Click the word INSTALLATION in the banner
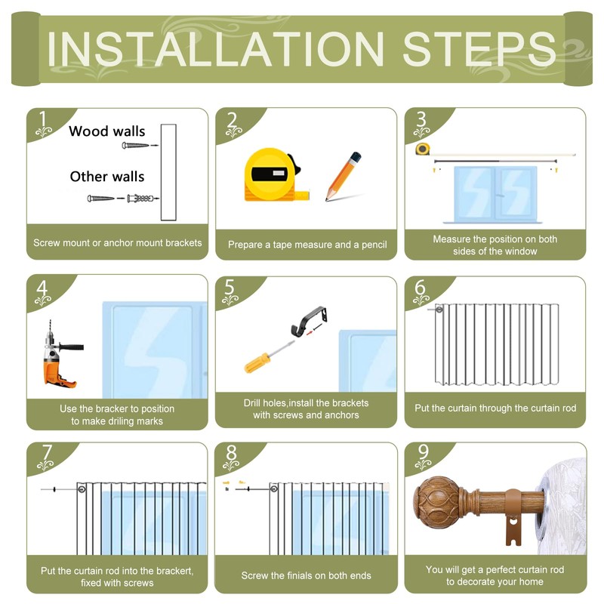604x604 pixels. coord(216,49)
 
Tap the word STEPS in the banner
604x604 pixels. coord(479,49)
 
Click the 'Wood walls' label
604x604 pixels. coord(107,131)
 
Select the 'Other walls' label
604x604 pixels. coord(107,177)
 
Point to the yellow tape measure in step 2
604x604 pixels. coord(274,175)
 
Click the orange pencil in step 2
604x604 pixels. coord(343,177)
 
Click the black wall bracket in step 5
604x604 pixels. coord(309,320)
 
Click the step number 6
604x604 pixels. coord(420,288)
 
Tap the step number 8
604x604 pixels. coord(231,453)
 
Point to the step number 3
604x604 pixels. coord(421,119)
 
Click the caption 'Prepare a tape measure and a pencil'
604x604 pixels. coord(307,245)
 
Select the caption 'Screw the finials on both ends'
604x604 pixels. coord(306,575)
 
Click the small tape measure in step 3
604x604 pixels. coord(423,149)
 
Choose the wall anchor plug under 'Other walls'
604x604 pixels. coord(140,199)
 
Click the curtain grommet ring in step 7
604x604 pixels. coord(82,489)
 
